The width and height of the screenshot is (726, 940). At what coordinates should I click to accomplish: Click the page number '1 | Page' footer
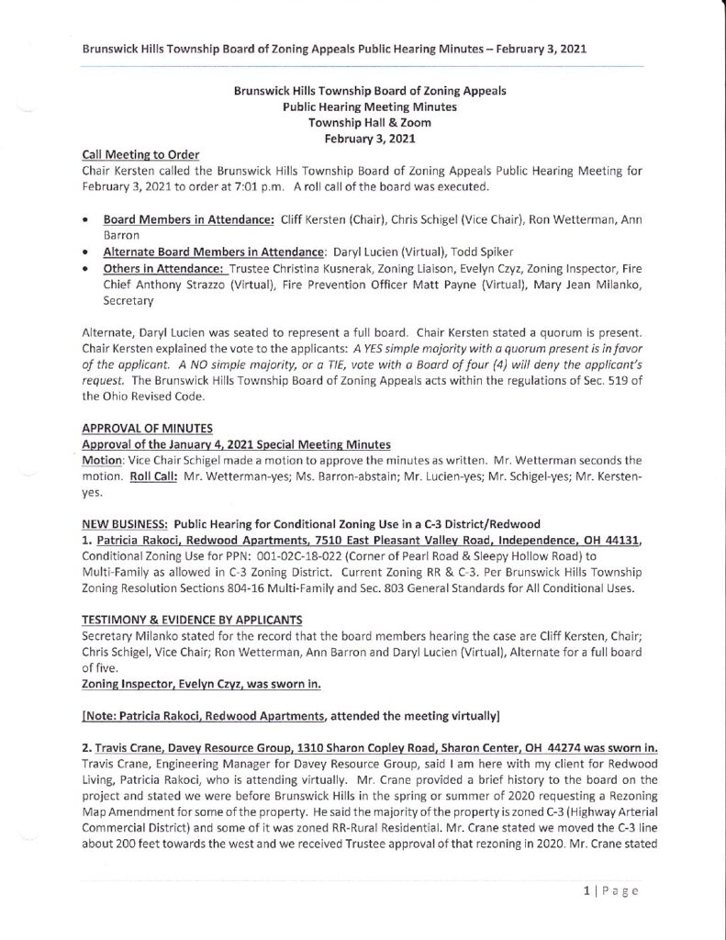click(608, 890)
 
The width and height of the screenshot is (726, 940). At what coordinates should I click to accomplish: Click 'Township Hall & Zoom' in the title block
click(363, 122)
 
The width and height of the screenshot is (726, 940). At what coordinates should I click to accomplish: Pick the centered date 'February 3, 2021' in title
click(363, 138)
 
